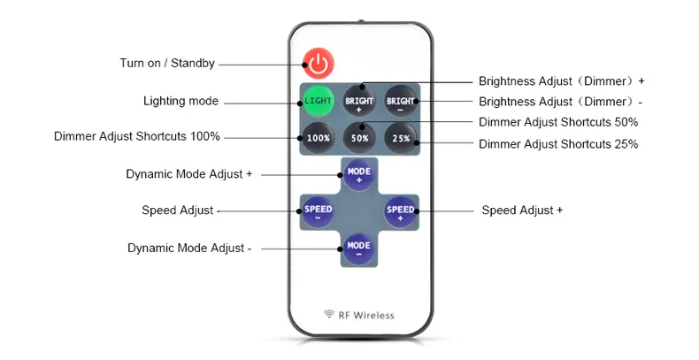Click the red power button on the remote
(x=319, y=64)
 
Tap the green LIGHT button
(x=318, y=101)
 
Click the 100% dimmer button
(x=318, y=137)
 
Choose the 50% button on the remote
(x=359, y=137)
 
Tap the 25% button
(x=400, y=137)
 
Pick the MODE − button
(x=358, y=248)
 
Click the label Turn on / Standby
(x=167, y=64)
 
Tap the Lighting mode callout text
(x=181, y=101)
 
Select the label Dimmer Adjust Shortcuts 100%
(x=136, y=137)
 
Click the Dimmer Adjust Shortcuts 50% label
(x=558, y=122)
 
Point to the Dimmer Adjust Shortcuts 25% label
(x=558, y=144)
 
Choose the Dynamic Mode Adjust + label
(x=189, y=174)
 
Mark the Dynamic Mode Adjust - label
(x=189, y=249)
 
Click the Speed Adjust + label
(x=522, y=211)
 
